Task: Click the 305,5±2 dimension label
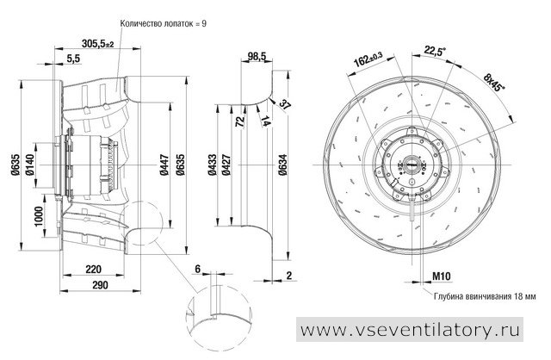pos(97,44)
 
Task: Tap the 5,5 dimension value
pos(73,59)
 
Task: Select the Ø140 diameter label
pos(30,164)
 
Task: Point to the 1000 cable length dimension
pos(38,216)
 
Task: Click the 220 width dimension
pos(94,270)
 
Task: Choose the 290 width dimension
pos(101,285)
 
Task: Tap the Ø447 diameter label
pos(164,164)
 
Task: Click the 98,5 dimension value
pos(257,56)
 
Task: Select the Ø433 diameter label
pos(213,164)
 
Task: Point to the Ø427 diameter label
pos(226,164)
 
